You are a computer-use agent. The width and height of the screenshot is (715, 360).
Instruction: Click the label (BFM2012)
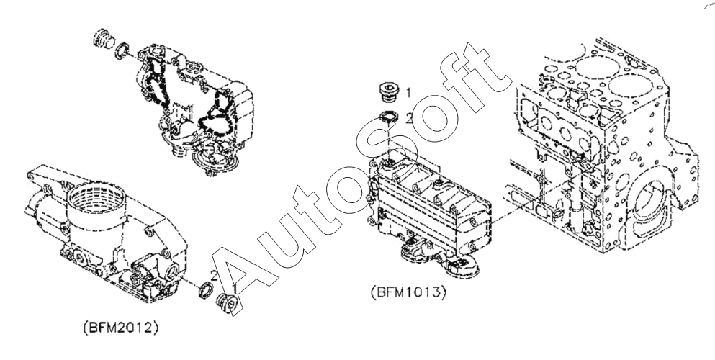tap(121, 327)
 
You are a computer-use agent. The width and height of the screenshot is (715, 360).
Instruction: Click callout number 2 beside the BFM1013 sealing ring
tap(408, 119)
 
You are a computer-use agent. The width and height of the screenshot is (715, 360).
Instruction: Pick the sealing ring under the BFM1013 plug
tap(387, 119)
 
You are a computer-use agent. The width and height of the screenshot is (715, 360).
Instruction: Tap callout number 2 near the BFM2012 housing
tap(214, 274)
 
